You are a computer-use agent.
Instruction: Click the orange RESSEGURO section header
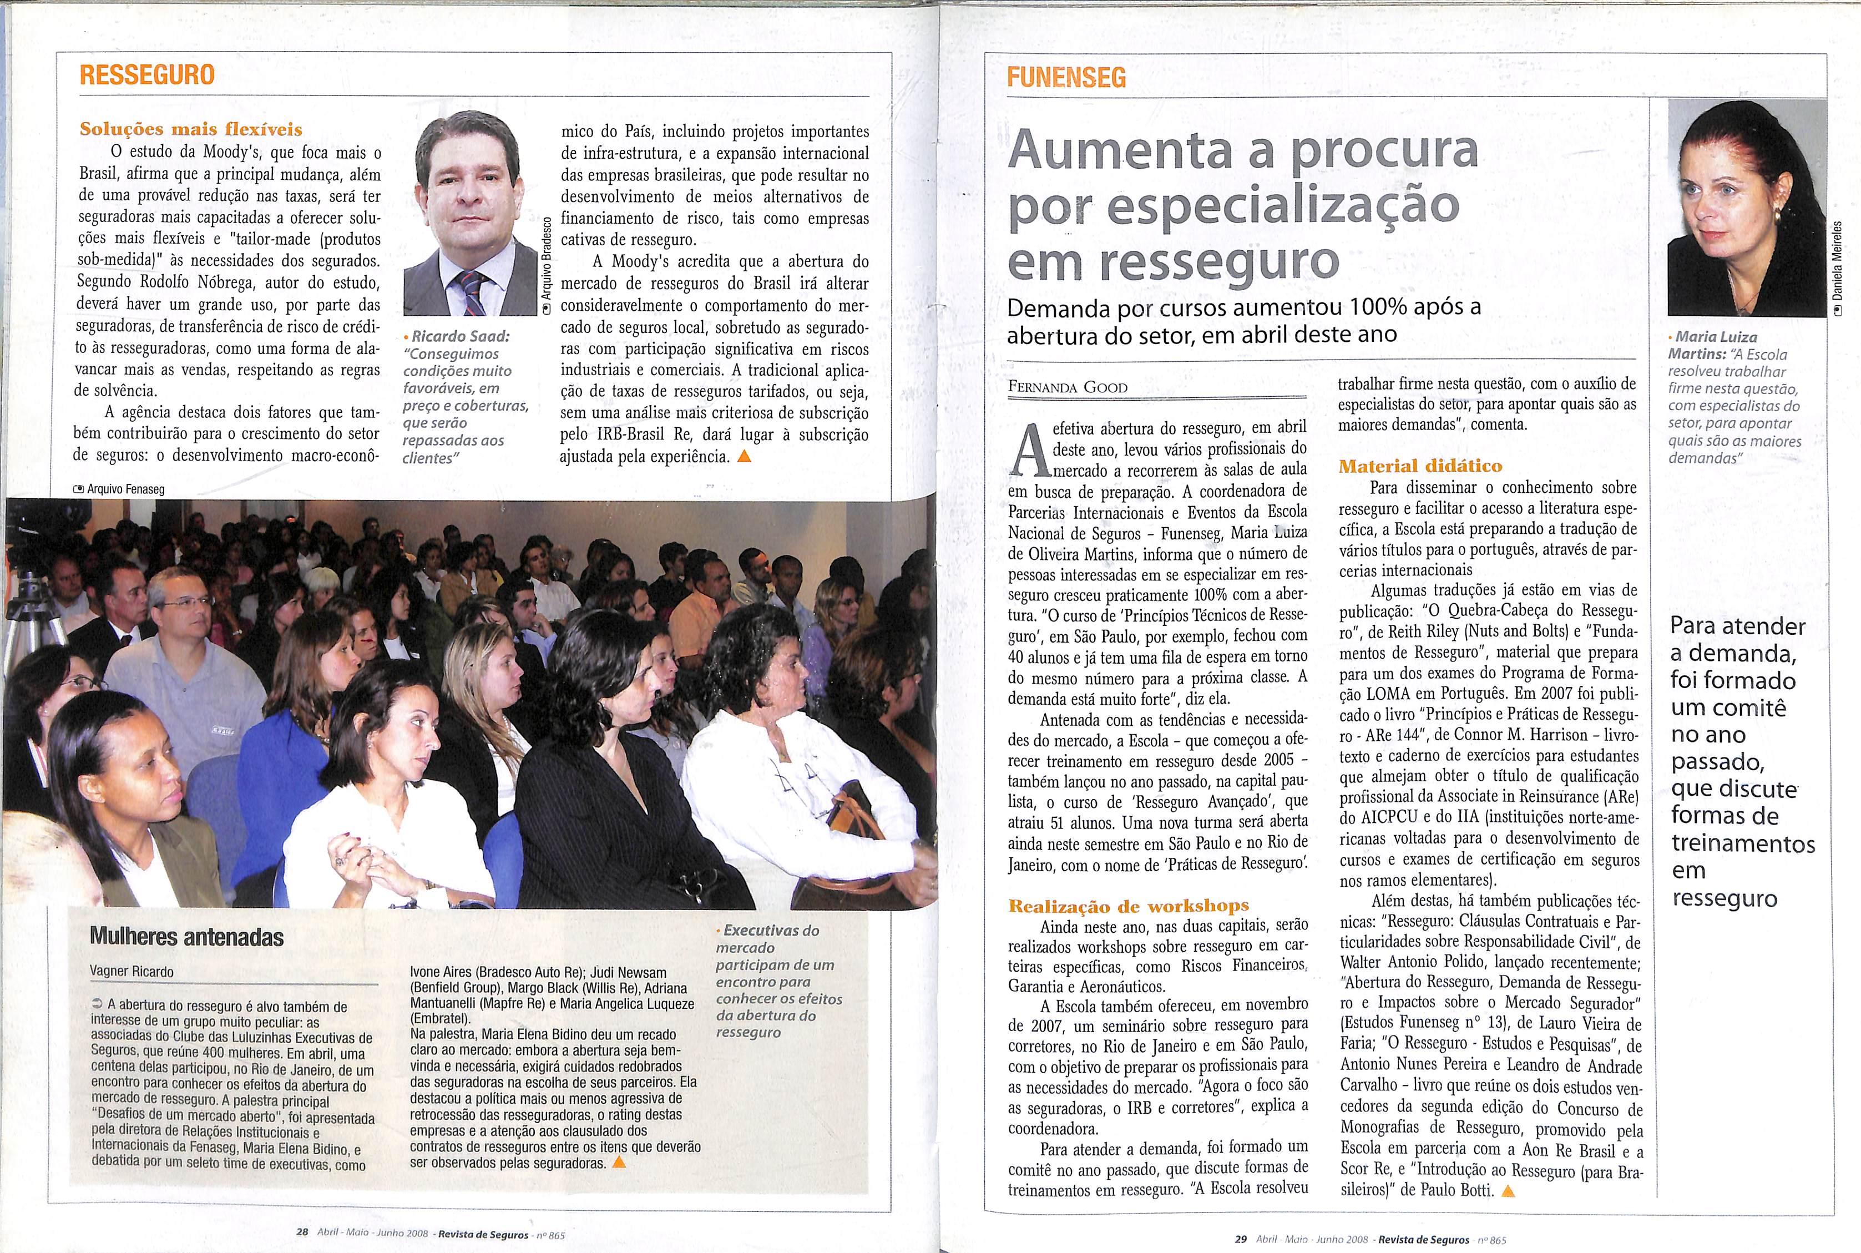[147, 75]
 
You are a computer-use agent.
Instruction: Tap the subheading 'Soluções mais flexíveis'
[191, 129]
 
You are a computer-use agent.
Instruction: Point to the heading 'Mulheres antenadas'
[186, 937]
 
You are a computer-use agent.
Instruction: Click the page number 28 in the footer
[302, 1231]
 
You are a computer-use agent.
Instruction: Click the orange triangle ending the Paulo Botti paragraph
[1509, 1213]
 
